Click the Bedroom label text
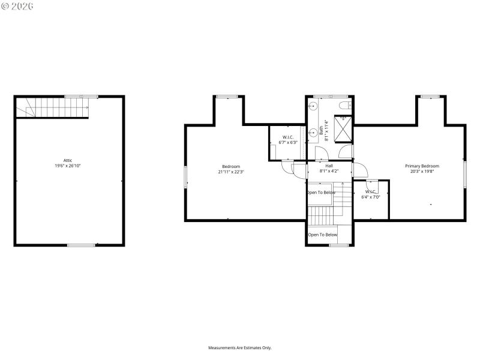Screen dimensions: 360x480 point(231,166)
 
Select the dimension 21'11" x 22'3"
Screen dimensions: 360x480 point(231,172)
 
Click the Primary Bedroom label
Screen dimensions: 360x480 point(422,166)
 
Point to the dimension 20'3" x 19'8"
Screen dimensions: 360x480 point(422,172)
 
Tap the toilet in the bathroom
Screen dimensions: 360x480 point(344,106)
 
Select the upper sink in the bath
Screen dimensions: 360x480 point(312,106)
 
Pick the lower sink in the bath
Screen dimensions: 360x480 point(312,132)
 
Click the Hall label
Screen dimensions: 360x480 point(329,166)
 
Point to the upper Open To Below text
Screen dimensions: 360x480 point(321,193)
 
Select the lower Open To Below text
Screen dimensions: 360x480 point(323,235)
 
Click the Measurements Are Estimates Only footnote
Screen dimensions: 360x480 point(240,348)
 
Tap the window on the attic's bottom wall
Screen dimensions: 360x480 point(81,245)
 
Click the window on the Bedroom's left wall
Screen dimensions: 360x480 point(185,177)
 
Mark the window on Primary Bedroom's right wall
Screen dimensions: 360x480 point(464,173)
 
